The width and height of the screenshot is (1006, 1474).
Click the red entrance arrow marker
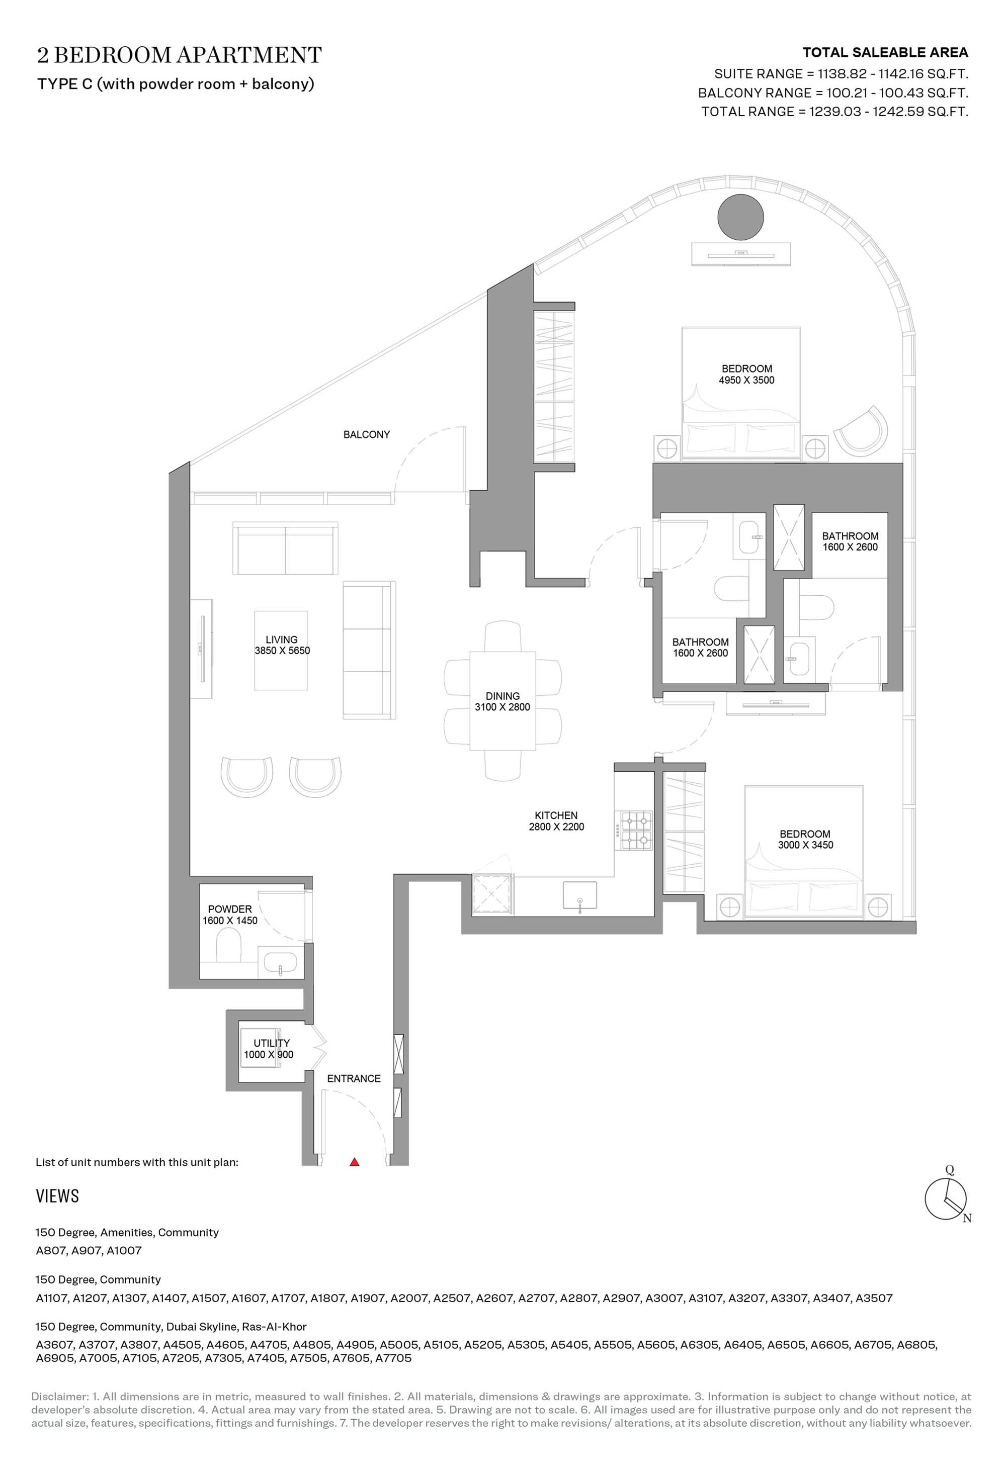pos(355,1162)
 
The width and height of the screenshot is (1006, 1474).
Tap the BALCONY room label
pos(366,434)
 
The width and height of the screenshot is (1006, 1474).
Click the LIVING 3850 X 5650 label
pos(282,645)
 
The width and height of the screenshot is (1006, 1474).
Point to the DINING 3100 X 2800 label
pos(502,701)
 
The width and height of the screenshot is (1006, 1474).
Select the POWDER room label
pos(230,909)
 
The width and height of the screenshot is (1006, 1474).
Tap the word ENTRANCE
pos(354,1078)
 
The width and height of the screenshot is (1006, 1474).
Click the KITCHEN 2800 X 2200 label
pos(556,821)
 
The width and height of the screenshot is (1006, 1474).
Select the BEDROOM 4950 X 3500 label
pos(746,374)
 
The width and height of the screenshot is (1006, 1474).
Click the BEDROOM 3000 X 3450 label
pos(805,839)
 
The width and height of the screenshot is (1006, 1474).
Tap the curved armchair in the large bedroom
pos(861,431)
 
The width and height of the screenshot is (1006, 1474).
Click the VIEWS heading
pos(58,1196)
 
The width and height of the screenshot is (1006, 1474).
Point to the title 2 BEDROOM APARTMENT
pos(179,55)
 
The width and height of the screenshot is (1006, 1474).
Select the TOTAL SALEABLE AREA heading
pos(885,53)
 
